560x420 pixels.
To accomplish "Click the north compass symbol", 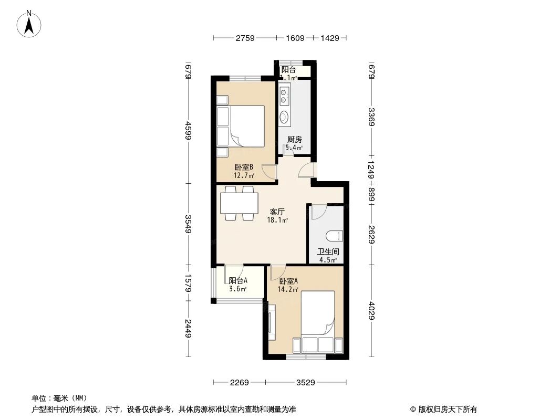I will click(x=29, y=24).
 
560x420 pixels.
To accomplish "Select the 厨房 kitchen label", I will click(x=294, y=140).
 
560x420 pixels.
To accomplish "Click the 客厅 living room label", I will click(x=277, y=212).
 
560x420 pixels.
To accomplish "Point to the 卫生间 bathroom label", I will click(x=328, y=251).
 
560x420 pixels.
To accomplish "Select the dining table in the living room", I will click(x=239, y=203).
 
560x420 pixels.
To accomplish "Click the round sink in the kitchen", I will click(x=284, y=117).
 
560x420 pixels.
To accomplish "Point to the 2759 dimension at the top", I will click(x=245, y=38).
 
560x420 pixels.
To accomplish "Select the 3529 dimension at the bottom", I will click(x=305, y=383).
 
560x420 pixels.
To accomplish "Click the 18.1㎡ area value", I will click(x=277, y=220).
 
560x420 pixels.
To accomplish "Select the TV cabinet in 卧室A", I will click(x=272, y=323).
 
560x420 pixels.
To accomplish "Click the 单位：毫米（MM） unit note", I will click(x=59, y=398).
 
